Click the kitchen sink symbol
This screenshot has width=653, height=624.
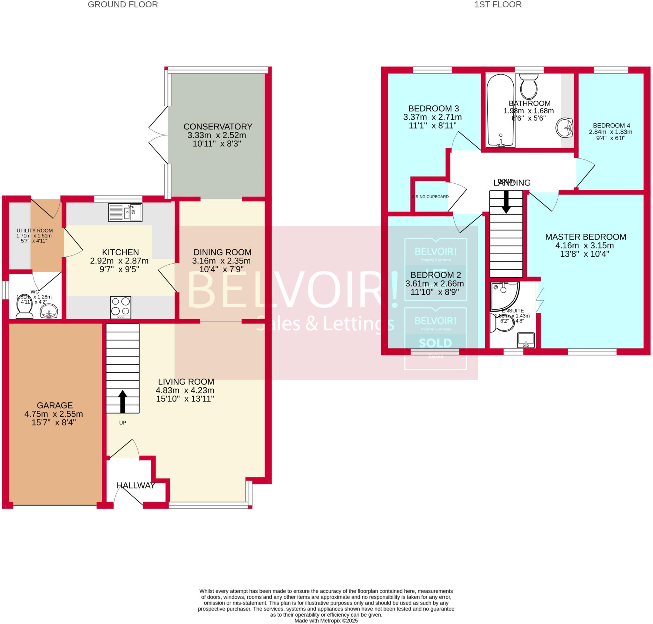[125, 213]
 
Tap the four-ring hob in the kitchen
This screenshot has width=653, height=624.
[121, 307]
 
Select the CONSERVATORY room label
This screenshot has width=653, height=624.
[217, 127]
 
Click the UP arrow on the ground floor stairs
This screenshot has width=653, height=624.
[122, 401]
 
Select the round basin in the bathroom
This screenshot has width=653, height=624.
[564, 128]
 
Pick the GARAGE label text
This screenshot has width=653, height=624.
[55, 406]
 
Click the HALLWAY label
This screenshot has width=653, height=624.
[136, 485]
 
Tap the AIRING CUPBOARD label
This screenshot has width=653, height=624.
[430, 197]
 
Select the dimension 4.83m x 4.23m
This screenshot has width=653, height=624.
[185, 390]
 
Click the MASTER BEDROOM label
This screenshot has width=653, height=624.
[585, 237]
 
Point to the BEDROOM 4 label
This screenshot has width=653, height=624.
[612, 125]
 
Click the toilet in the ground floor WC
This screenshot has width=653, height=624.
[24, 309]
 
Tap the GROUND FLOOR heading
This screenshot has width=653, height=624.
[122, 5]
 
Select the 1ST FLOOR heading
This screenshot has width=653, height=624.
[498, 5]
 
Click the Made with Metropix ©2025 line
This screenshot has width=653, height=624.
[326, 621]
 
